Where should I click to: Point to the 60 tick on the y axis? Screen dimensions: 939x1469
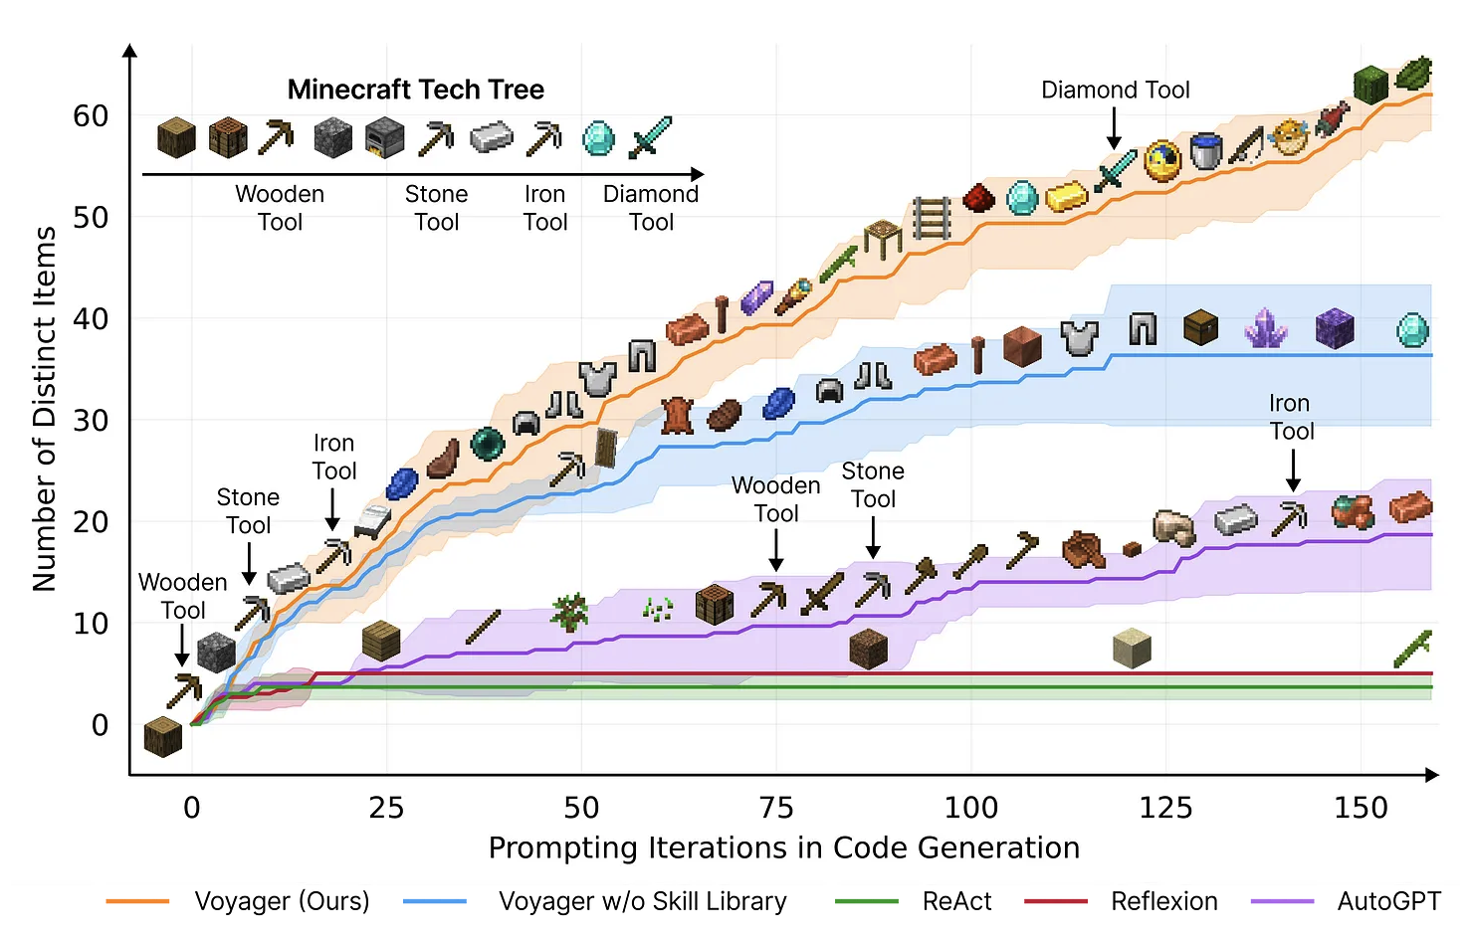coord(91,116)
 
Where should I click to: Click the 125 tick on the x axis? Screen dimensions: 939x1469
coord(1165,807)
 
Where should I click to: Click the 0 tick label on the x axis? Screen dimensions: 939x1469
coord(192,807)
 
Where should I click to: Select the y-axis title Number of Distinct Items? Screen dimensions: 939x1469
coord(45,409)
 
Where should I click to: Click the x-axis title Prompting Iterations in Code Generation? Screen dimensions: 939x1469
coord(784,847)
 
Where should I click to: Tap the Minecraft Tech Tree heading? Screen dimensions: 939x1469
coord(416,90)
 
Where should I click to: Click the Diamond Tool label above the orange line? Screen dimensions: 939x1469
coord(1115,91)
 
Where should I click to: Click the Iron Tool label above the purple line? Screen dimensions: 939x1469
coord(1291,417)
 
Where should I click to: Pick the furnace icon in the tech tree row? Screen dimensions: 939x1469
coord(384,138)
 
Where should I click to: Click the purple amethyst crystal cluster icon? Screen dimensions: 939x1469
coord(1266,327)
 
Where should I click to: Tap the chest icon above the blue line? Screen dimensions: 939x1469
coord(1201,326)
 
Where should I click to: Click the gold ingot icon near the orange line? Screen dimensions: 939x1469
coord(1067,196)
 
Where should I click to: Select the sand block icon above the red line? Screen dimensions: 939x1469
coord(1132,648)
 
